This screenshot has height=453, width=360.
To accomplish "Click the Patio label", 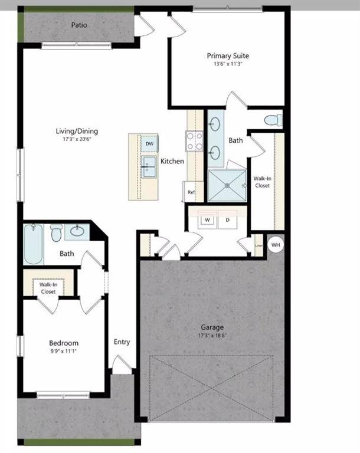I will tap(80, 25).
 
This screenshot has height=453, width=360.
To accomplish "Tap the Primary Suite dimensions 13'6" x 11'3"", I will tap(225, 65).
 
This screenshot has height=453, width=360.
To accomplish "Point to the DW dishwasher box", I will tap(149, 143).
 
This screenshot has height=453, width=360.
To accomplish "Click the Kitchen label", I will tap(172, 161).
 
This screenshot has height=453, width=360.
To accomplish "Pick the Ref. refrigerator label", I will tap(191, 192).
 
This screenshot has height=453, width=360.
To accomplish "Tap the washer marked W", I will tap(208, 220).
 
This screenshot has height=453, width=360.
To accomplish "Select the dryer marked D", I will tap(227, 220).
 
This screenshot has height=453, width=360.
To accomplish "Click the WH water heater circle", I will tap(276, 244).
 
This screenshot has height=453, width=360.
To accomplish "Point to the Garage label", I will tap(212, 327).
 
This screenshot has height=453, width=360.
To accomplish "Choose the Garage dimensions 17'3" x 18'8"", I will tap(212, 336).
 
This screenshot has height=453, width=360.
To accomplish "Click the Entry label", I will tap(122, 342).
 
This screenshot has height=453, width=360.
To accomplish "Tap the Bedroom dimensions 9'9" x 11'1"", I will tap(64, 351).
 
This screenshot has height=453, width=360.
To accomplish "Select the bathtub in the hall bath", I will tap(34, 243).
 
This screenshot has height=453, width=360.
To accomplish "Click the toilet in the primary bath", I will tap(273, 121).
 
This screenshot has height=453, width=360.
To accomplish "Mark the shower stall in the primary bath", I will tap(227, 186).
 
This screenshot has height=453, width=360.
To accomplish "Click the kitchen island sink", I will tap(149, 166).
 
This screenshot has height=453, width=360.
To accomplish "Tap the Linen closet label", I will tap(258, 245).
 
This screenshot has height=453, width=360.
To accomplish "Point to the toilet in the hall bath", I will tap(56, 232).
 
